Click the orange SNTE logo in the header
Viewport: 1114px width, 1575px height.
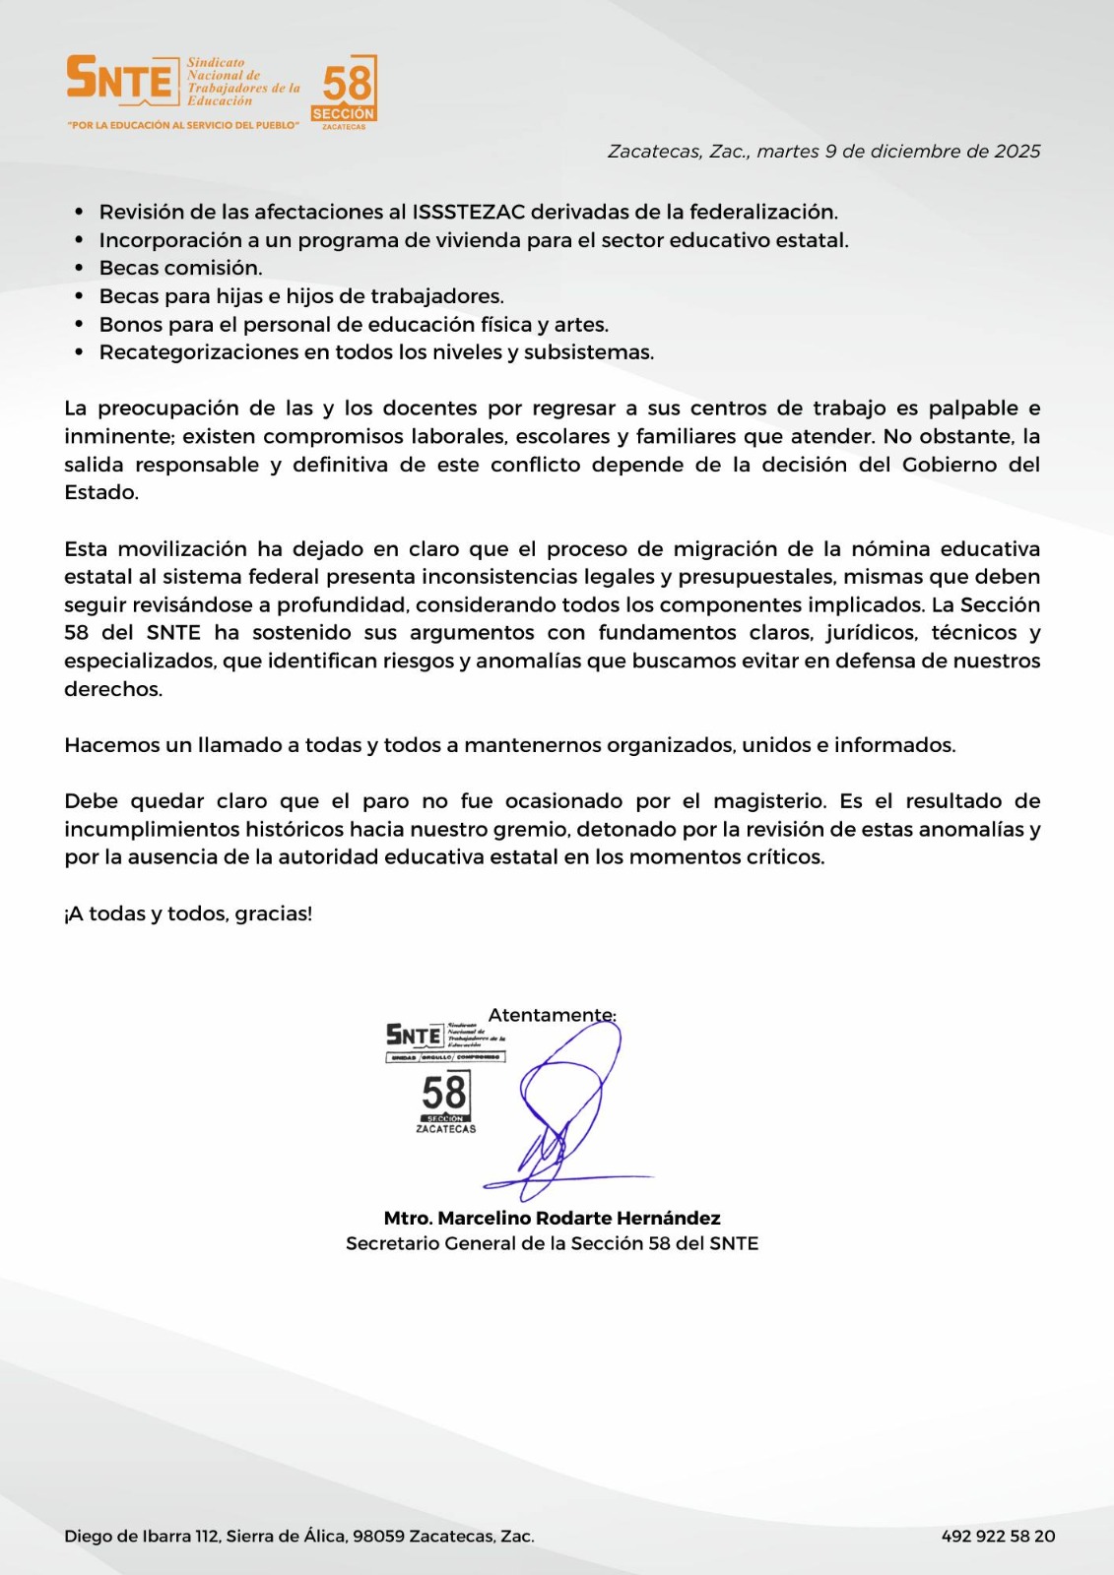(119, 79)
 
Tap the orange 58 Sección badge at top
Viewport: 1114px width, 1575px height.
(345, 91)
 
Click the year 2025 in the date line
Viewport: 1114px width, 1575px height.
(1016, 152)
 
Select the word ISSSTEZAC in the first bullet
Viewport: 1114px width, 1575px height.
(468, 212)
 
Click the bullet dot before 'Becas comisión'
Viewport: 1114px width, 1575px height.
(80, 269)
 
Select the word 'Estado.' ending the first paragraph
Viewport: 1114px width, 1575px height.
(101, 492)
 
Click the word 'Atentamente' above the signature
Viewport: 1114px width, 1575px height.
(552, 1015)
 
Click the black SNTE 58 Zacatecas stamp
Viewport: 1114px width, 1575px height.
(445, 1079)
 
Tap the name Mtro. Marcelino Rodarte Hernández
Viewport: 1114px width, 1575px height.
(552, 1218)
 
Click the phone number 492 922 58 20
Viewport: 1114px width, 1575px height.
(998, 1536)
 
